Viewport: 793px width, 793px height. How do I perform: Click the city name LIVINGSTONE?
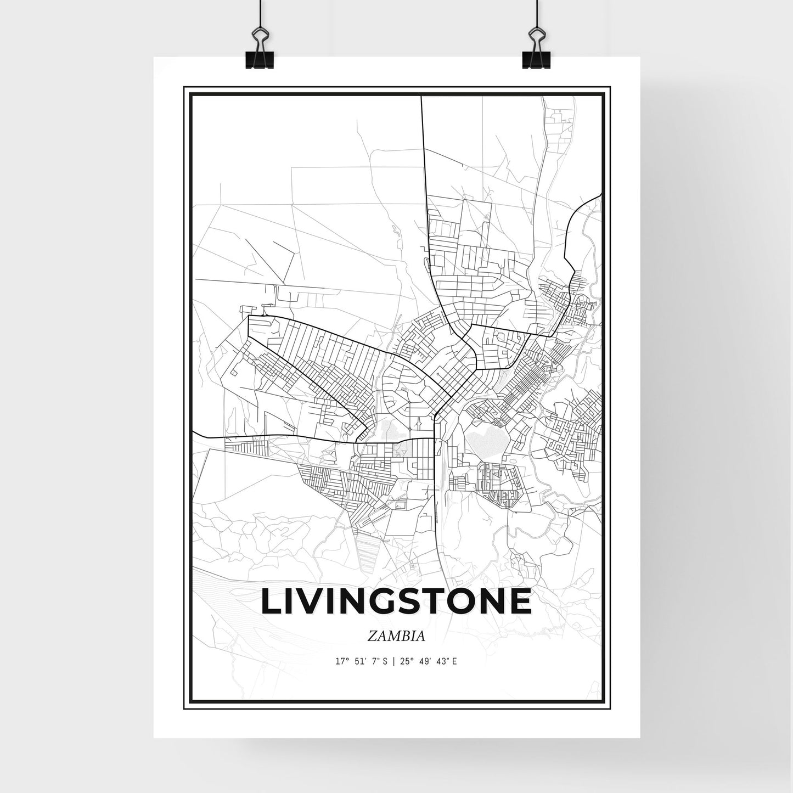point(396,601)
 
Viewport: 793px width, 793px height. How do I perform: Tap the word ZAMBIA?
point(396,637)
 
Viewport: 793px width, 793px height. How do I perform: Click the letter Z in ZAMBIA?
point(373,637)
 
